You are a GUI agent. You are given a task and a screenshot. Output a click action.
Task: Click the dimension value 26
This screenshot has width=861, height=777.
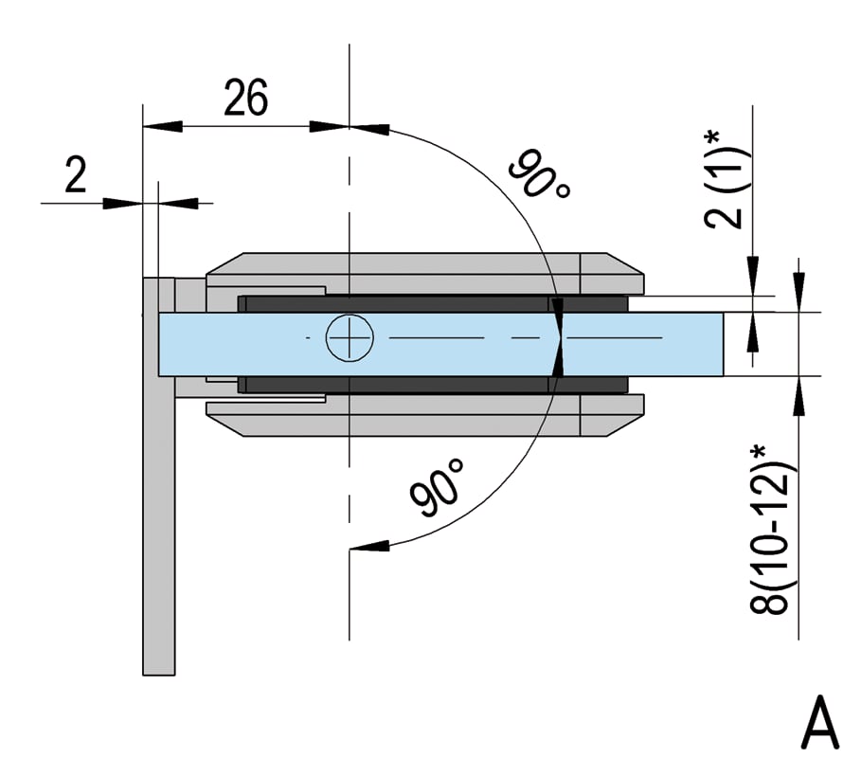246,98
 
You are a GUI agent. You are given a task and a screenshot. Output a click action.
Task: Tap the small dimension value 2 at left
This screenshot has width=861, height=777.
75,173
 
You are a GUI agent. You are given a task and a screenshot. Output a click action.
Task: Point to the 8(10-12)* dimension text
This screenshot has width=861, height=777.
771,530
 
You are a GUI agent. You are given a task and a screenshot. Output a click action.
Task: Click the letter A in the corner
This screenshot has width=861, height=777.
820,723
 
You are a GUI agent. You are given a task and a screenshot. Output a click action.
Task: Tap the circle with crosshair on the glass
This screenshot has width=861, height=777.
350,338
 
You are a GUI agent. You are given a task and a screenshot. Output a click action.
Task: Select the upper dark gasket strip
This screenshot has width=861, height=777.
433,304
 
